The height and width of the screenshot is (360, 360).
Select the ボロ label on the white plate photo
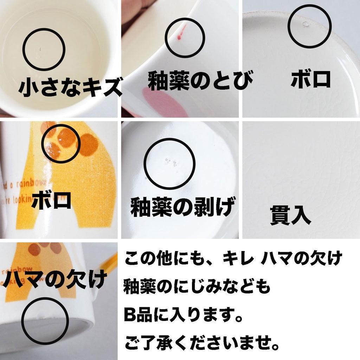pyautogui.click(x=311, y=79)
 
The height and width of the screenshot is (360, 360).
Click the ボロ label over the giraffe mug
pyautogui.click(x=51, y=201)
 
